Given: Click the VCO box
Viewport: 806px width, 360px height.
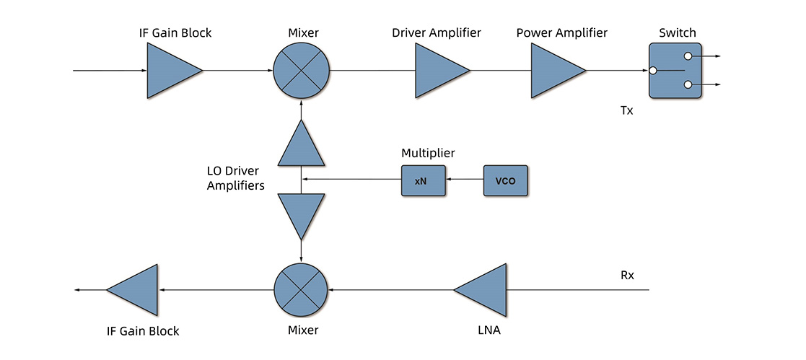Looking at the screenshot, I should (505, 180).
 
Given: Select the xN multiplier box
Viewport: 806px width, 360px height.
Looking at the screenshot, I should (422, 180).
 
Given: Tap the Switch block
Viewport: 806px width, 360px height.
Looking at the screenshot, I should (674, 70).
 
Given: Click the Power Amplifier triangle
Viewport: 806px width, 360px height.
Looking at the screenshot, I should (553, 70).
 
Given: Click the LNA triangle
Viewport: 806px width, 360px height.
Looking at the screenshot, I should (486, 289).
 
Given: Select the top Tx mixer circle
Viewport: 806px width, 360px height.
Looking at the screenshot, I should (301, 70).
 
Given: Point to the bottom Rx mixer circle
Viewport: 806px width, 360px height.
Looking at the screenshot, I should (301, 289).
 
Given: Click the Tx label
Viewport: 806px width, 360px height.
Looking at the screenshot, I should (626, 111).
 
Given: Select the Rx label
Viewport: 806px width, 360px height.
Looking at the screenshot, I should (626, 275).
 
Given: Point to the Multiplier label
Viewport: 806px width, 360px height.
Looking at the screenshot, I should (428, 153).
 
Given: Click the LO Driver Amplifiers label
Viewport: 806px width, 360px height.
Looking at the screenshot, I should (232, 178).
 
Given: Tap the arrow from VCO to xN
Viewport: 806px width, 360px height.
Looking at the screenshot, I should (464, 180).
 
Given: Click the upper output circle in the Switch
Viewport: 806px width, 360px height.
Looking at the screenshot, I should (688, 56).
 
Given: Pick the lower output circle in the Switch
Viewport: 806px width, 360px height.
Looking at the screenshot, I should (688, 85).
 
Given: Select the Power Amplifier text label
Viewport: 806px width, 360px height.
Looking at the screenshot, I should (561, 33).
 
